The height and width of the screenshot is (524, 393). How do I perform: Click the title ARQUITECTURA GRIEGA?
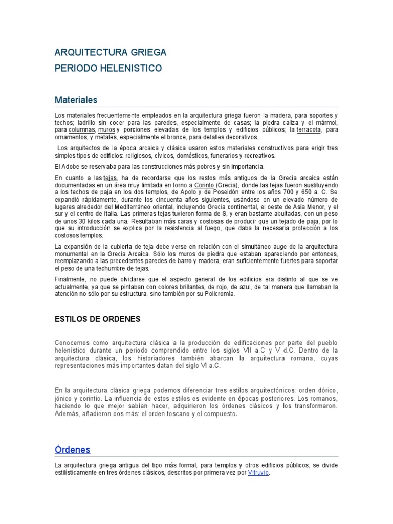click(110, 52)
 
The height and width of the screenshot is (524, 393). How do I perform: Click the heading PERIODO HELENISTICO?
click(108, 68)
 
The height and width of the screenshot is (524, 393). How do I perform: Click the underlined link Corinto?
click(204, 184)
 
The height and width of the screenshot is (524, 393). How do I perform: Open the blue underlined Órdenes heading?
click(72, 450)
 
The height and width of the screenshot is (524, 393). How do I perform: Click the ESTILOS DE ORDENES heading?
click(97, 319)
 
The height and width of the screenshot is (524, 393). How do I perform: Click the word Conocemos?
click(72, 342)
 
